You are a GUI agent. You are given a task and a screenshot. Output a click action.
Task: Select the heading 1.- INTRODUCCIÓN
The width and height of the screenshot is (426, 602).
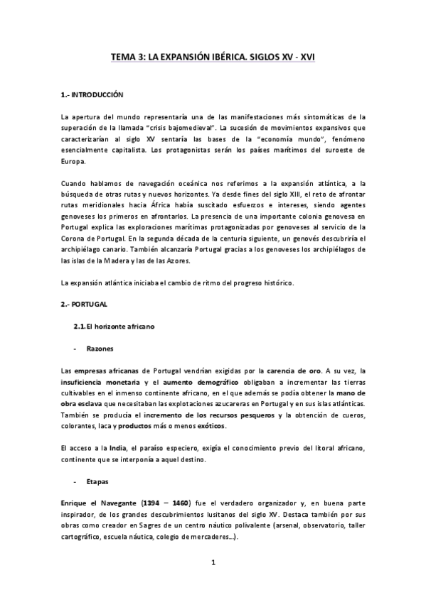92,94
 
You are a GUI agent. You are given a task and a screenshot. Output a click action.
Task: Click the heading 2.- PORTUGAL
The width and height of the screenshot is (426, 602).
84,303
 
